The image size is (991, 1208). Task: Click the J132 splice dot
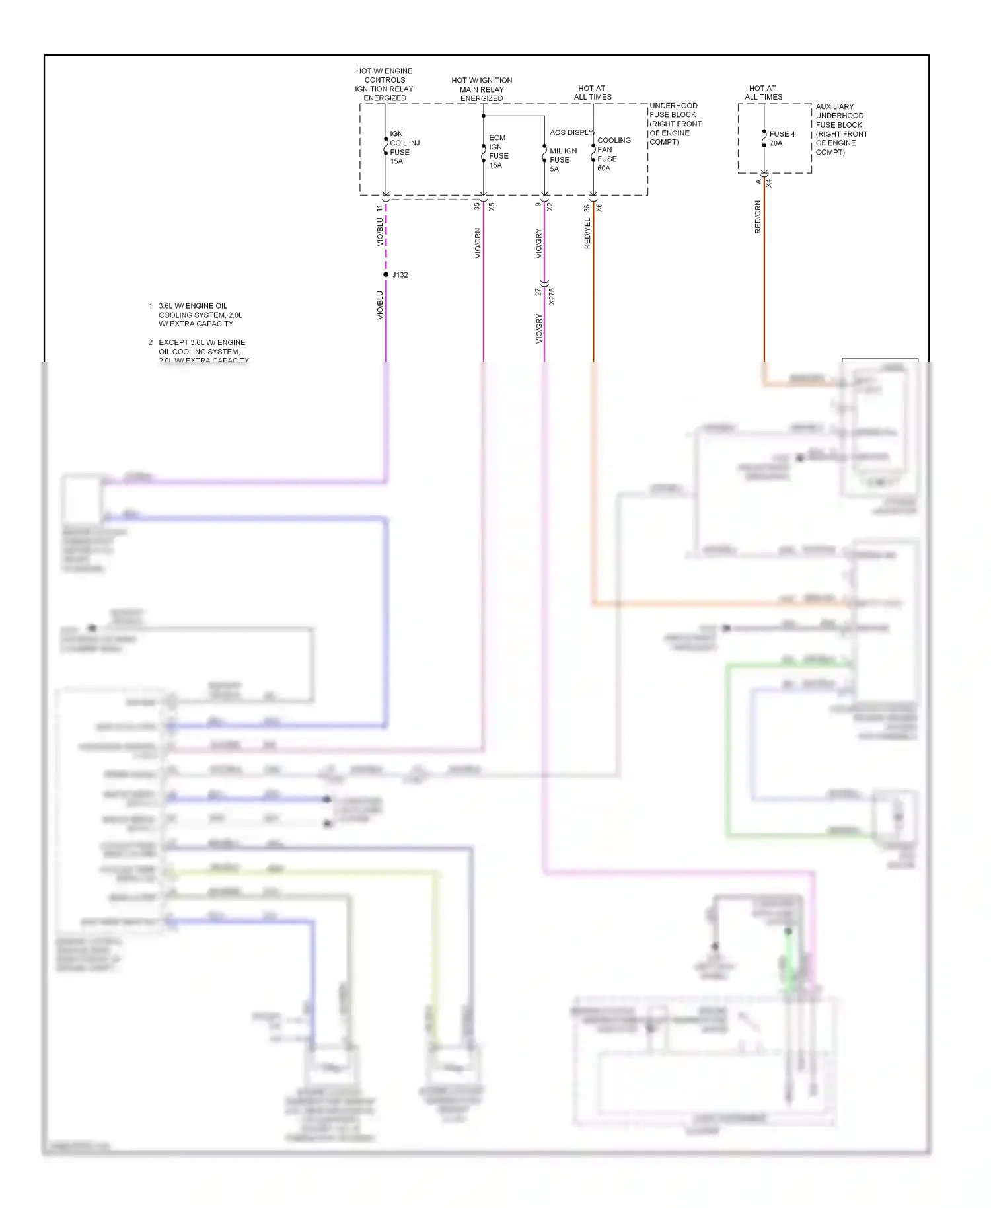pyautogui.click(x=386, y=274)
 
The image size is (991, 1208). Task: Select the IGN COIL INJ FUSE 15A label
pyautogui.click(x=404, y=147)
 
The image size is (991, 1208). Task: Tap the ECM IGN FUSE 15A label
pyautogui.click(x=498, y=151)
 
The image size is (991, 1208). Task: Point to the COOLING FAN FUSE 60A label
pyautogui.click(x=613, y=154)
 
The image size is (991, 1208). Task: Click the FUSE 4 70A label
pyautogui.click(x=782, y=138)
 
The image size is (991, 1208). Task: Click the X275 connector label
pyautogui.click(x=552, y=296)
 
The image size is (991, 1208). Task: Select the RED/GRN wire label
pyautogui.click(x=758, y=217)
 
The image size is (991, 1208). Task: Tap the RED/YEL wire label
pyautogui.click(x=587, y=233)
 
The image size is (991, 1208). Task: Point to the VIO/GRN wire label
pyautogui.click(x=477, y=243)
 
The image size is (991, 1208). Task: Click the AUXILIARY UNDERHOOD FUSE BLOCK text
pyautogui.click(x=841, y=129)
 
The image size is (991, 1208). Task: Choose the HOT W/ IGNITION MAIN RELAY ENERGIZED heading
pyautogui.click(x=482, y=89)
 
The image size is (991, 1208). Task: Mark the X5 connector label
pyautogui.click(x=492, y=207)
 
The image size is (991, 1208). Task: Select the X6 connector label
pyautogui.click(x=599, y=208)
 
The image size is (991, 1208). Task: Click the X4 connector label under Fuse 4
pyautogui.click(x=768, y=183)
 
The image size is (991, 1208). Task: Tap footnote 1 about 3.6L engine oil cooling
pyautogui.click(x=200, y=315)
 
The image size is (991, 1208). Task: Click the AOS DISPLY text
pyautogui.click(x=572, y=132)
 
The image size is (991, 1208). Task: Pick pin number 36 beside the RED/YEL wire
pyautogui.click(x=586, y=208)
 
